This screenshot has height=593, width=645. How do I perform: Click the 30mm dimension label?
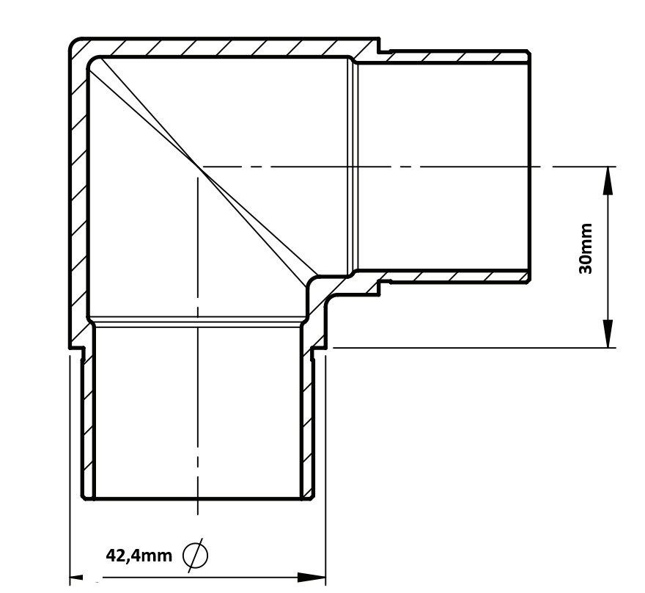click(586, 249)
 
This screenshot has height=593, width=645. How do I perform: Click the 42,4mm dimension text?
click(139, 556)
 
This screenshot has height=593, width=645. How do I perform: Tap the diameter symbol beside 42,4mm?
click(196, 555)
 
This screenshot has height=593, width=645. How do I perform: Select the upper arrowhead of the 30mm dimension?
click(608, 181)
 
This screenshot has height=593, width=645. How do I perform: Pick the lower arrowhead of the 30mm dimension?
click(608, 333)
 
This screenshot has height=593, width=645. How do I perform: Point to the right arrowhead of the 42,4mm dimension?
click(312, 578)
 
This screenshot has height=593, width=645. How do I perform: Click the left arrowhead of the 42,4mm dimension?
click(76, 578)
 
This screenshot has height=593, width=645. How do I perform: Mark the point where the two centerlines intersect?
click(198, 167)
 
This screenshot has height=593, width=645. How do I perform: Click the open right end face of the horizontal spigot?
click(529, 167)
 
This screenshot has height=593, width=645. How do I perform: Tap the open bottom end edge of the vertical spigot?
click(198, 499)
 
